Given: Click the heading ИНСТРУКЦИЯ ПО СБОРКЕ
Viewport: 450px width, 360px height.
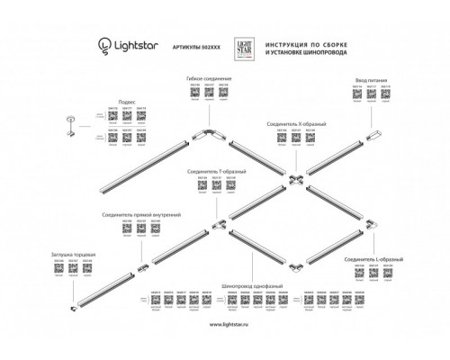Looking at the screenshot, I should [307, 40].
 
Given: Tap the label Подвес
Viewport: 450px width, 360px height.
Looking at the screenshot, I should [127, 103].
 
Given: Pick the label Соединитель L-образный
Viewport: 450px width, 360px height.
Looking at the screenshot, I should [373, 259].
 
